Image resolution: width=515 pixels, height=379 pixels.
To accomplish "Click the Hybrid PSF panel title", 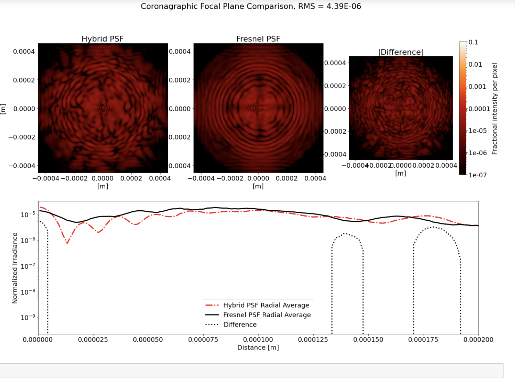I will tap(103, 39).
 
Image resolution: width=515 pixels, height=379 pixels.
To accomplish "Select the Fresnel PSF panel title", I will tap(258, 39).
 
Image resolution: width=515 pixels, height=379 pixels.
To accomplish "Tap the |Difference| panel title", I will tap(401, 52).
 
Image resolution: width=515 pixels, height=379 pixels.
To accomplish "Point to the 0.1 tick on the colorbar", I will tap(473, 42).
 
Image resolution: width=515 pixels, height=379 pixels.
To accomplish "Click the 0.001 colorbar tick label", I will tap(477, 86).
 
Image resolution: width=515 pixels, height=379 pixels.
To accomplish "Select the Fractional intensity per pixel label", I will tap(495, 109).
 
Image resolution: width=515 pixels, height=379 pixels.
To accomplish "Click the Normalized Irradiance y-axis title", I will tap(15, 268).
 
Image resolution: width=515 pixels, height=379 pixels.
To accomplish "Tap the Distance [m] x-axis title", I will tap(258, 347).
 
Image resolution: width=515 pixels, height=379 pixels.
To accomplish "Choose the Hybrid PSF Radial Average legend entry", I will tap(266, 305).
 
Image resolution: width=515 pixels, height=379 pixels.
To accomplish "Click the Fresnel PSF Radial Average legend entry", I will tap(267, 315).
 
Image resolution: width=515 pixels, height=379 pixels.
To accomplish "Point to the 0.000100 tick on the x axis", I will tap(258, 339).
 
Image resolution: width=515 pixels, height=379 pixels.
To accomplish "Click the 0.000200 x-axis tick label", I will tap(478, 339).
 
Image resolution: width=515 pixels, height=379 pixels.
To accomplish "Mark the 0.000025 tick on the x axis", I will tap(93, 339).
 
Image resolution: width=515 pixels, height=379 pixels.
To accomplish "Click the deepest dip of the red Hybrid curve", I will tap(67, 243).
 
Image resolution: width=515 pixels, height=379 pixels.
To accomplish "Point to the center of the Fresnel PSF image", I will tap(258, 108).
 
